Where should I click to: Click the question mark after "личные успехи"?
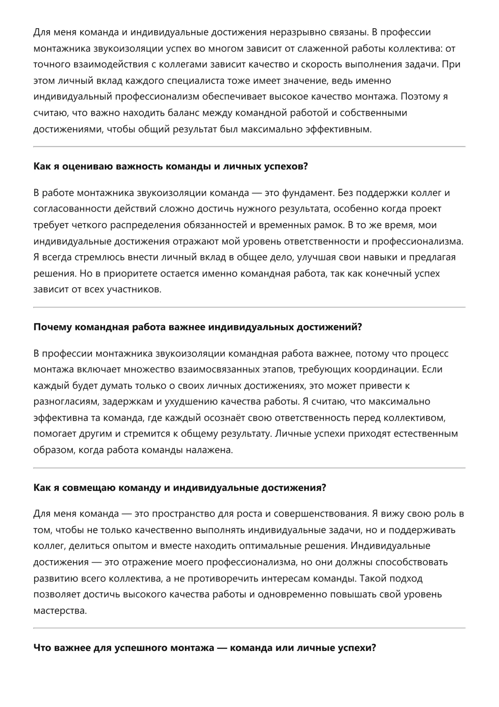click(x=373, y=648)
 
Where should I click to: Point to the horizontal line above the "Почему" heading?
click(x=249, y=307)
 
